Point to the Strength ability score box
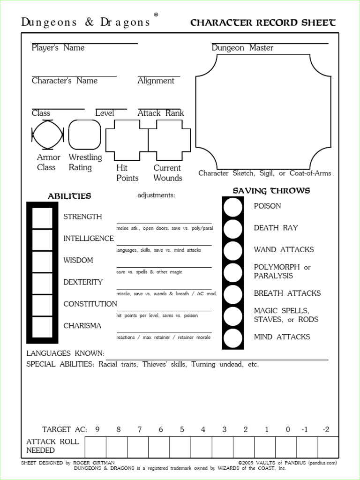coord(42,217)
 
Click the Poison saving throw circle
coord(233,207)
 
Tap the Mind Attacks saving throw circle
coord(233,337)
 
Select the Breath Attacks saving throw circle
coord(233,294)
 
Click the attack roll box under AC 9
coord(95,446)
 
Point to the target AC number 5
coord(182,429)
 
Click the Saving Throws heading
coord(271,191)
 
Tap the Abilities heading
coord(69,196)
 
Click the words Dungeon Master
coord(242,48)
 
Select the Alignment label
coord(156,81)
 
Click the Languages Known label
coord(65,353)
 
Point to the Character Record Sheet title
coord(263,23)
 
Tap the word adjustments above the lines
coord(156,195)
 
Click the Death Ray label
coord(276,228)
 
